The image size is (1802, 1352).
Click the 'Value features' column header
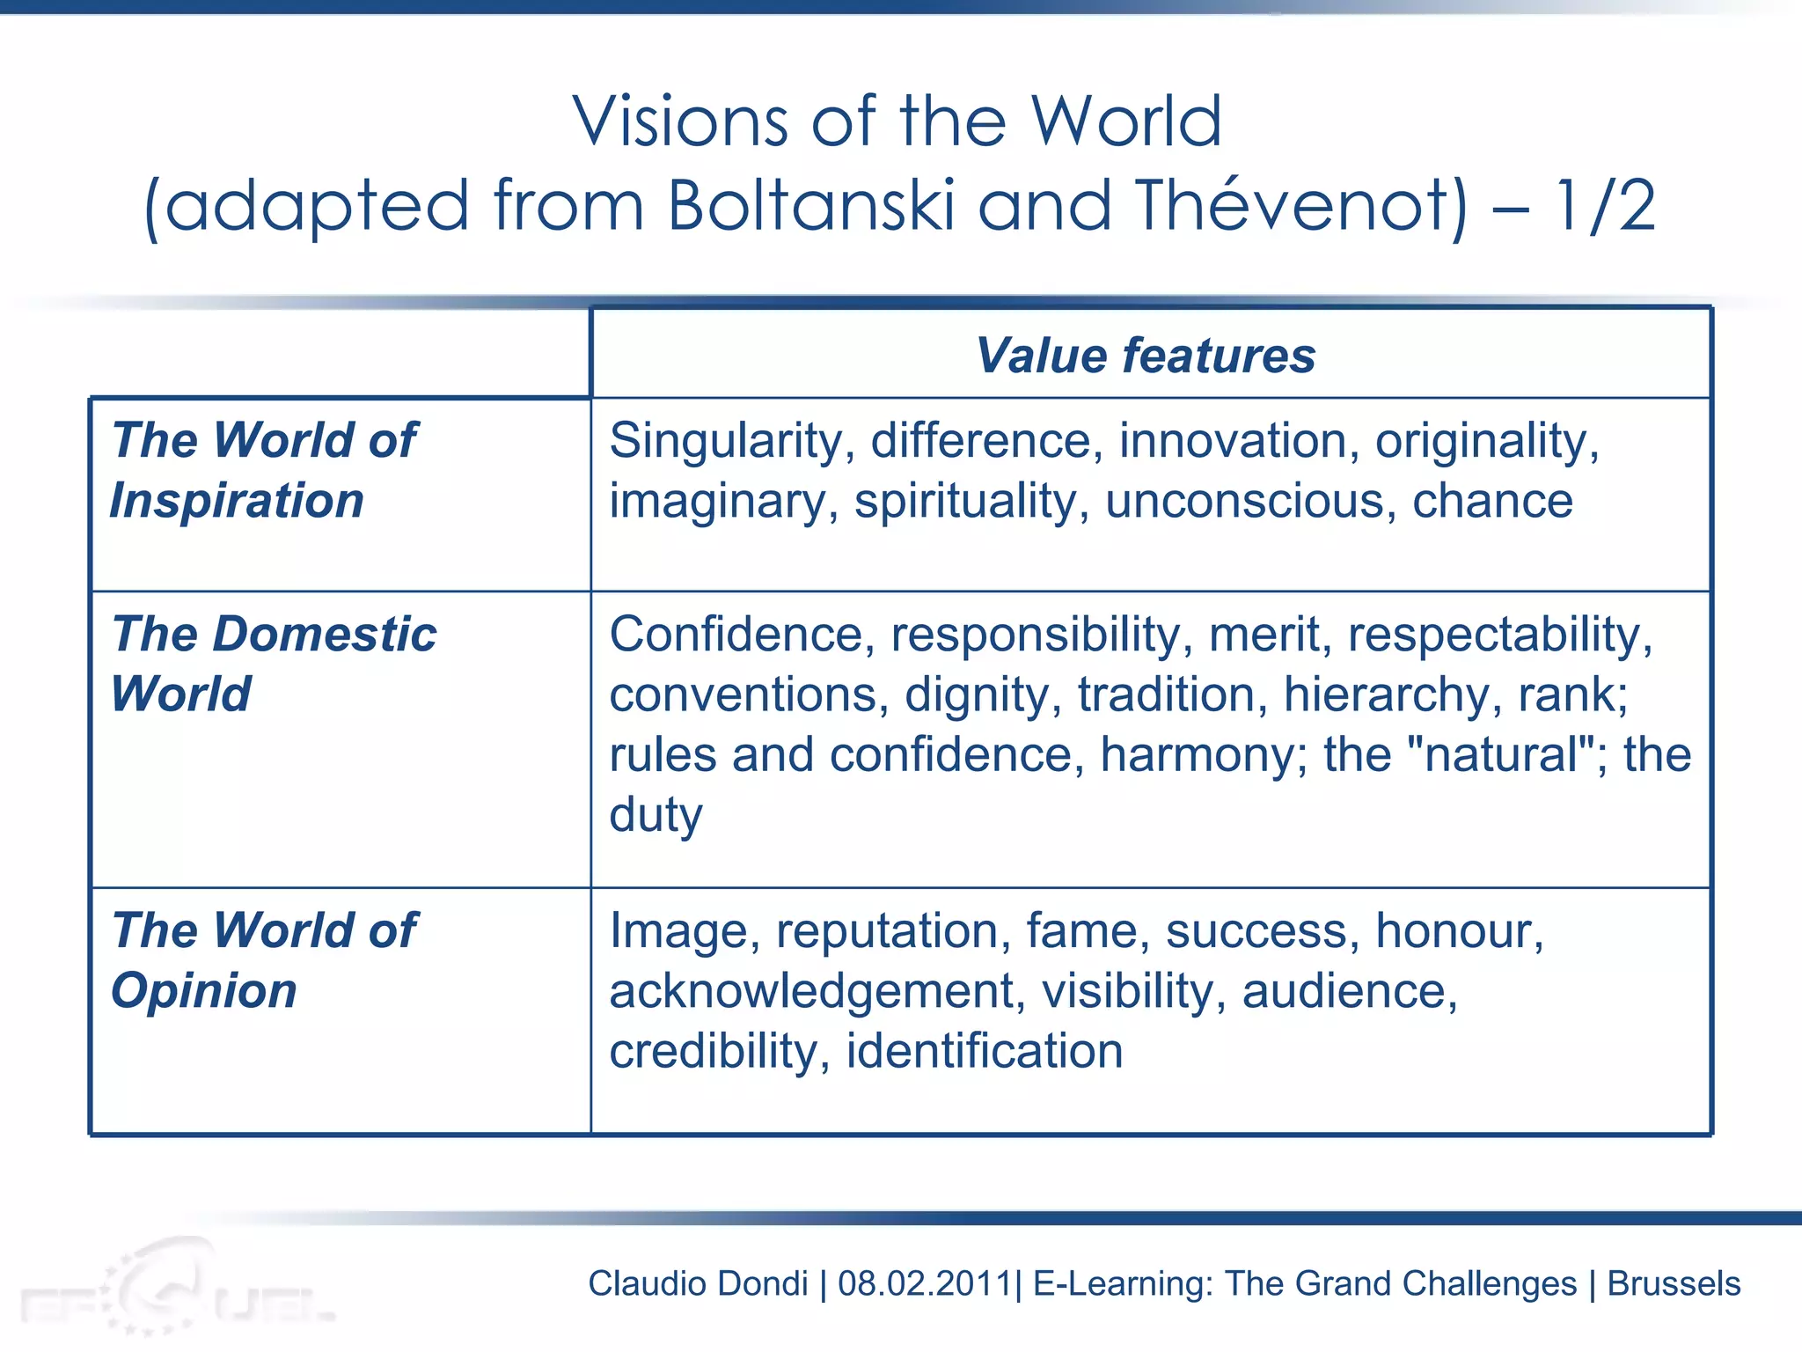tap(1146, 356)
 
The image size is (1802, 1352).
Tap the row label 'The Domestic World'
tap(274, 664)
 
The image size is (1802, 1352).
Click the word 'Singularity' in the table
tap(727, 440)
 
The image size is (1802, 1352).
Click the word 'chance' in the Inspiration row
tap(1492, 501)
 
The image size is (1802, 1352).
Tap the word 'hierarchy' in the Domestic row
tap(1392, 694)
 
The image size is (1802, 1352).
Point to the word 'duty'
tap(656, 815)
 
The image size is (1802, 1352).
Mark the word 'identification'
tap(985, 1051)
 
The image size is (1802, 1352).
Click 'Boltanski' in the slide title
tap(810, 206)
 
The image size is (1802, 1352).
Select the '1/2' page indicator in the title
tap(1605, 206)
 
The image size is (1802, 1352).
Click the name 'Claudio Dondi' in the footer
tap(698, 1283)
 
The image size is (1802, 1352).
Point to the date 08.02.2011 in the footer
tap(925, 1283)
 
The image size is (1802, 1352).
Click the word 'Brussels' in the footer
tap(1674, 1283)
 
